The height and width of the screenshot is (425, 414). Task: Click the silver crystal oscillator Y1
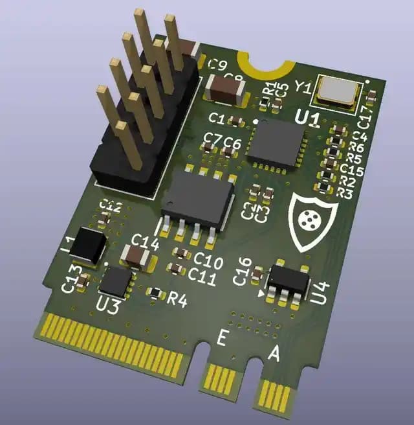[x=336, y=92]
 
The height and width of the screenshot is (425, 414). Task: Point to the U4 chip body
[x=289, y=280]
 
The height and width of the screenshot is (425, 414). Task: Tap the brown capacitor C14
[x=137, y=257]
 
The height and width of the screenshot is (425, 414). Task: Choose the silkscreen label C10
[x=208, y=262]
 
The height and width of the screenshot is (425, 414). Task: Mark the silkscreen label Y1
[x=303, y=86]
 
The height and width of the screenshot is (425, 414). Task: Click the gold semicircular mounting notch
[x=263, y=63]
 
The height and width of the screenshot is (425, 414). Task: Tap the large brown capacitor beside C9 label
[x=223, y=87]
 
